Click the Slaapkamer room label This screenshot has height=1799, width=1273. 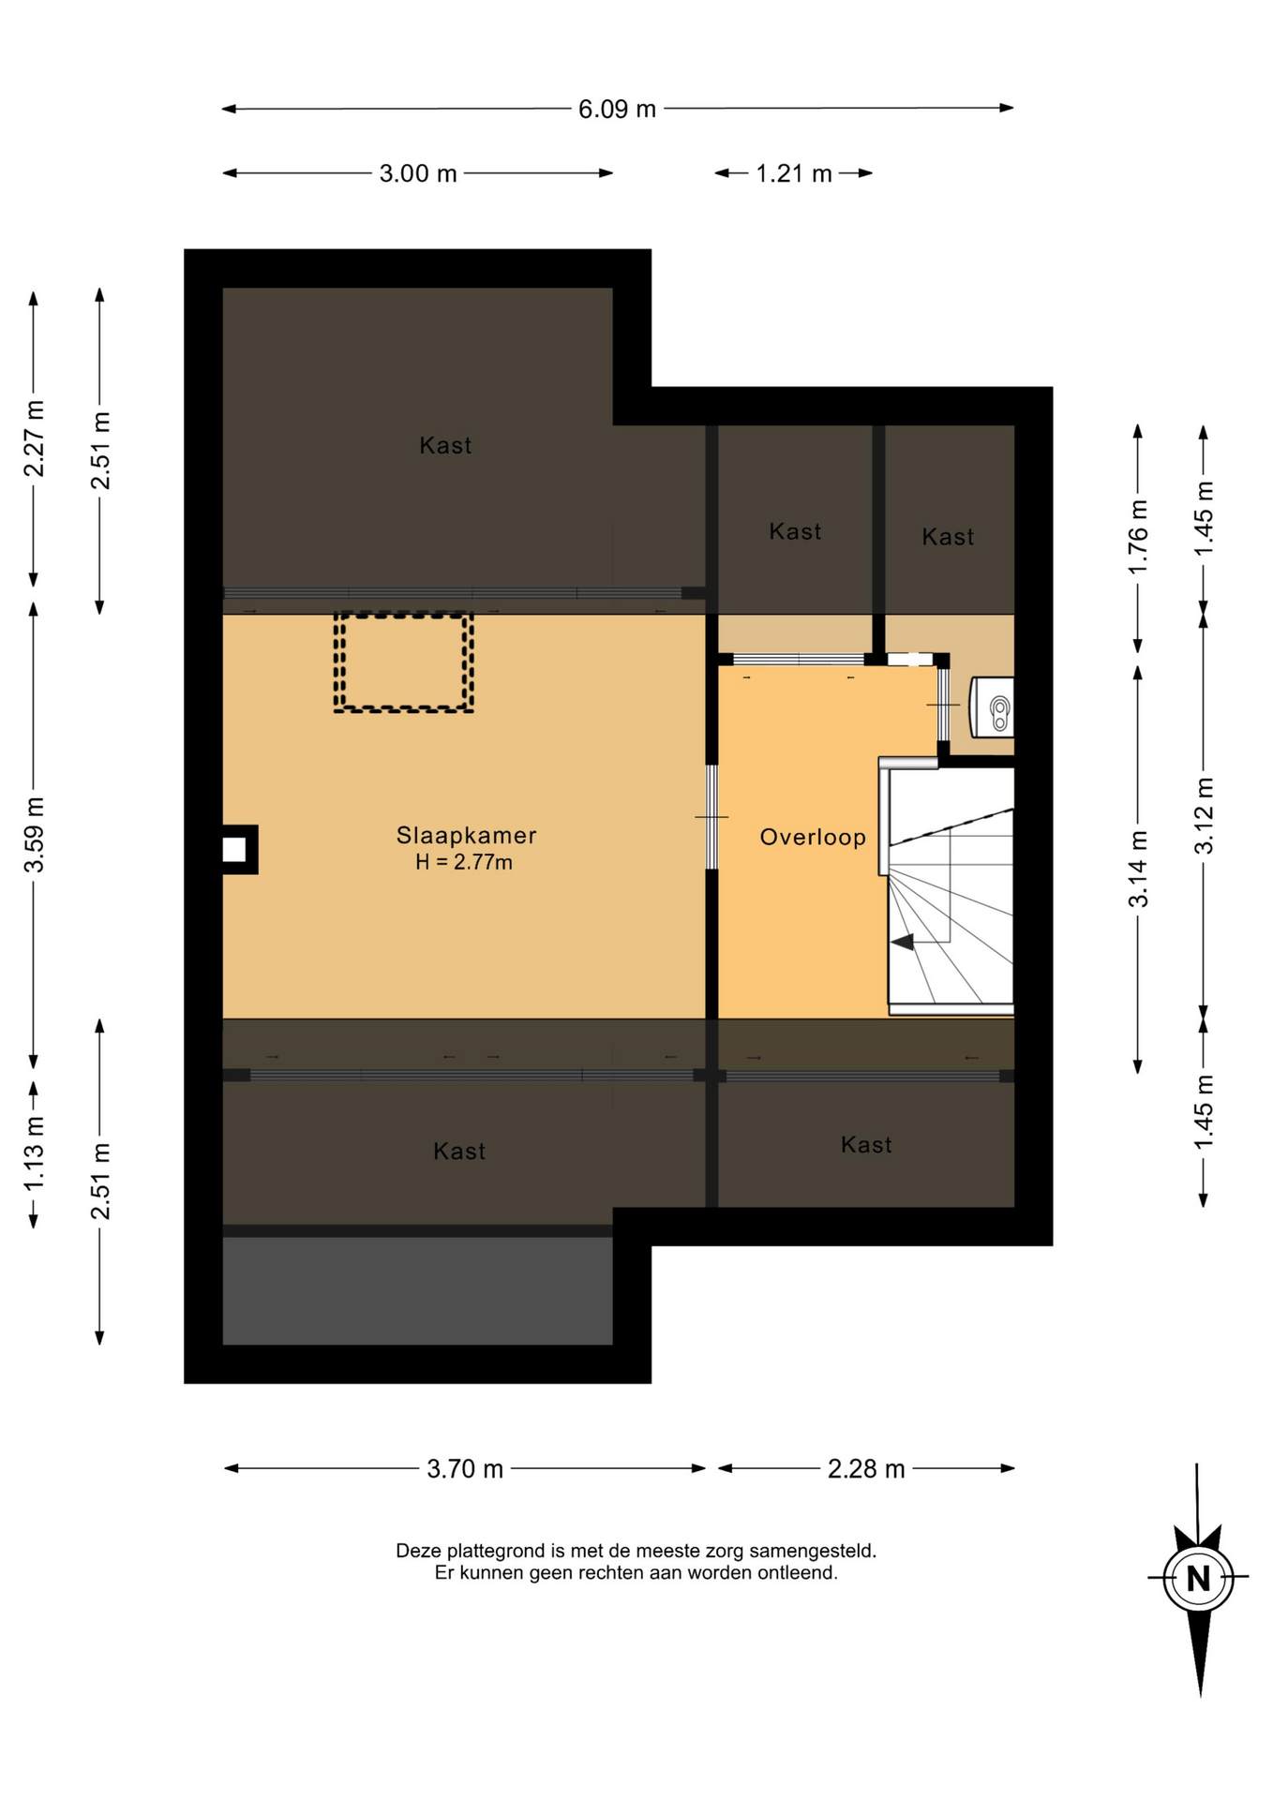click(x=466, y=835)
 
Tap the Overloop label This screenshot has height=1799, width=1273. click(x=813, y=837)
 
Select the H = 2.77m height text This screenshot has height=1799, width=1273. click(x=464, y=862)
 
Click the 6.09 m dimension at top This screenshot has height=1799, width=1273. click(x=617, y=110)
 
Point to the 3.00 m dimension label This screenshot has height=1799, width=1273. click(x=418, y=173)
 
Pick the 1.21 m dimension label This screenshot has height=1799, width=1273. click(x=794, y=173)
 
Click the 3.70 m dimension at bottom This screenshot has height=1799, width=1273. click(x=465, y=1468)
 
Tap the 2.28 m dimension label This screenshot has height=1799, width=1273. click(x=866, y=1468)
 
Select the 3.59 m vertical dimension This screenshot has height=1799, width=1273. click(x=34, y=835)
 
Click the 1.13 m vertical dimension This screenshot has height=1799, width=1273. click(x=34, y=1153)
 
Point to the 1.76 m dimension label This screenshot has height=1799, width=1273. click(x=1138, y=537)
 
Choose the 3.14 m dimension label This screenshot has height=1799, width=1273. click(x=1138, y=870)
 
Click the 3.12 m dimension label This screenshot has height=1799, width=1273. click(x=1204, y=815)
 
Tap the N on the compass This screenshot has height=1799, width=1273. click(x=1198, y=1578)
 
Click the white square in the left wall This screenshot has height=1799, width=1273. click(x=234, y=850)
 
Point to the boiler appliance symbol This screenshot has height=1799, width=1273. click(x=992, y=707)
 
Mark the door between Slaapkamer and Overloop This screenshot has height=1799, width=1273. click(x=711, y=817)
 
